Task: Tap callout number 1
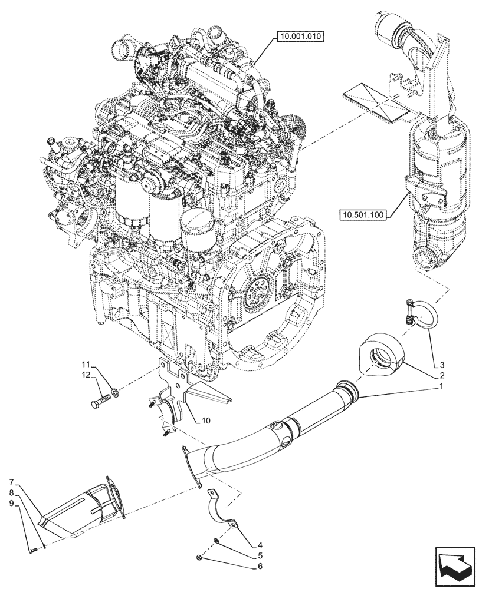point(441,387)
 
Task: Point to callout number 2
point(441,375)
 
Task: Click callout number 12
point(86,376)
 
